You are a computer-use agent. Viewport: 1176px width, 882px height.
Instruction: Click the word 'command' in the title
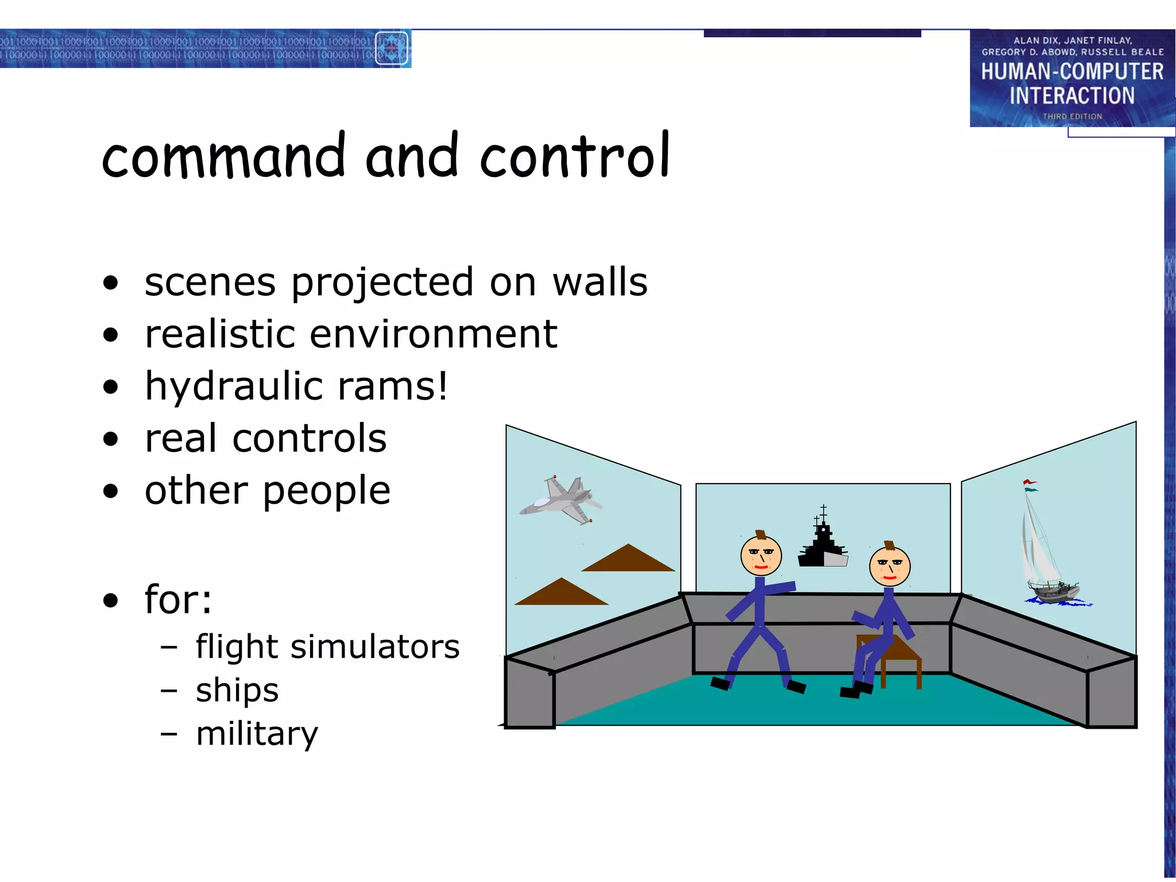(224, 156)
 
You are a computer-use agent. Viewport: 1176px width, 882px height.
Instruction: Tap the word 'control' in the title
(575, 156)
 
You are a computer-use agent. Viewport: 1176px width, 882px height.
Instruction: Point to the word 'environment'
(434, 334)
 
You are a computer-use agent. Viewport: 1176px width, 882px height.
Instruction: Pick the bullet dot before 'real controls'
(111, 439)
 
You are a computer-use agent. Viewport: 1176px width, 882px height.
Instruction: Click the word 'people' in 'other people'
(327, 492)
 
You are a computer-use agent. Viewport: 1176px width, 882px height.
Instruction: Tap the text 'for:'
(178, 599)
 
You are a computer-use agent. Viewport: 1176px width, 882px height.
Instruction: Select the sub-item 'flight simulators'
(327, 647)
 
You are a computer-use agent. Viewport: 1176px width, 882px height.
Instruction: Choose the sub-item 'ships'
(237, 690)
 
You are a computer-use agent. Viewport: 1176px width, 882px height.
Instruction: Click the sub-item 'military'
(257, 734)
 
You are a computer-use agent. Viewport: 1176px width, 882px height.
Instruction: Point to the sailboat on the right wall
(1048, 551)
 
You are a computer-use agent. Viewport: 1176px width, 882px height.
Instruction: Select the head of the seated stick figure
(889, 566)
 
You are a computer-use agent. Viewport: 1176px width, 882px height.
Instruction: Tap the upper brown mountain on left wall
(628, 559)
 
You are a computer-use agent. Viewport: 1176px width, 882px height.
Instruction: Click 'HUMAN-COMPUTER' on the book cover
(1071, 72)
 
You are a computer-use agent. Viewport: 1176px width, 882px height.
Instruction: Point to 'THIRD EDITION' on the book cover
(1072, 117)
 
